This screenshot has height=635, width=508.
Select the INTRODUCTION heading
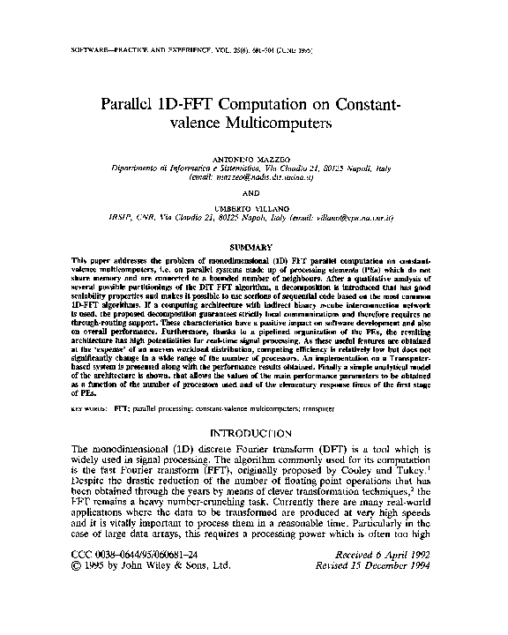(x=252, y=433)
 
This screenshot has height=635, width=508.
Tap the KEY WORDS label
(x=86, y=410)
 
